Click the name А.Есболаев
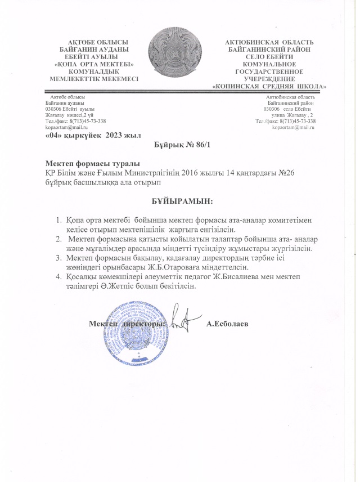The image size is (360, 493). coord(228,324)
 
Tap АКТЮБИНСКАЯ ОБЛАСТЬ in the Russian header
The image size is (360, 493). coord(269,42)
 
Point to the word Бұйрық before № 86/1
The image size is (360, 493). coord(168,145)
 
